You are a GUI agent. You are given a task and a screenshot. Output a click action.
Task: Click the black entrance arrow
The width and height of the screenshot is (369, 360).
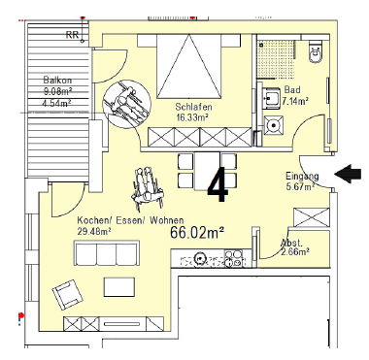(x=348, y=174)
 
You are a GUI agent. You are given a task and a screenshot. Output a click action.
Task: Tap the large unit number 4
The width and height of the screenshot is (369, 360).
(x=218, y=184)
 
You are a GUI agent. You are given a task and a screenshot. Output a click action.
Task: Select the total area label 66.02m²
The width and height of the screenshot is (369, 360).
(x=197, y=232)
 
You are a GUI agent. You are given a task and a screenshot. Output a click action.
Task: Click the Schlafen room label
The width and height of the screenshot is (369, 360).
(x=193, y=107)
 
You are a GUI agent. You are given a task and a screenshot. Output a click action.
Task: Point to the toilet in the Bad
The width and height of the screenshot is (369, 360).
(x=316, y=50)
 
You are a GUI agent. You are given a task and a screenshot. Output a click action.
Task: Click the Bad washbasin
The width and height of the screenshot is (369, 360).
(x=270, y=96)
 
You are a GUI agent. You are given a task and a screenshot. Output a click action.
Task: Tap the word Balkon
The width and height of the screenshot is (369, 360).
(x=57, y=80)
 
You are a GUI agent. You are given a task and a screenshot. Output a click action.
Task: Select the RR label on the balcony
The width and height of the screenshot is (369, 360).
(x=72, y=35)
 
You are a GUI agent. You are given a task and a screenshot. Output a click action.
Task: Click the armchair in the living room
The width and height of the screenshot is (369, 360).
(x=67, y=295)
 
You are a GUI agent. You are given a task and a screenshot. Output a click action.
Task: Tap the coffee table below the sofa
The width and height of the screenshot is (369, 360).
(x=119, y=287)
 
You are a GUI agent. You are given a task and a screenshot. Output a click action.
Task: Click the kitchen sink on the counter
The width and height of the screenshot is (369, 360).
(x=199, y=258)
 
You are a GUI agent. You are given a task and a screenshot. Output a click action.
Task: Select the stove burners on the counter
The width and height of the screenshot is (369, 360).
(x=235, y=258)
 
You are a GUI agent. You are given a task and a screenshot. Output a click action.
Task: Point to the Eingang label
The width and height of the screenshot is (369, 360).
(x=302, y=177)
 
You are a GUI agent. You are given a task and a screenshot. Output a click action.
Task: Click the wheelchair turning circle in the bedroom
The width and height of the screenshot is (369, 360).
(x=126, y=102)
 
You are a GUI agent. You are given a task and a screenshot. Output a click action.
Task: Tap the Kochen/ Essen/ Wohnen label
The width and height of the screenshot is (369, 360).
(x=130, y=220)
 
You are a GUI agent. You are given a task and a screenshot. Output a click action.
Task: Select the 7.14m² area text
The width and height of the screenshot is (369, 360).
(x=295, y=101)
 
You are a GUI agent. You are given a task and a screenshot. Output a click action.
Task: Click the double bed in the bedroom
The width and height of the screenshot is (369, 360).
(x=189, y=66)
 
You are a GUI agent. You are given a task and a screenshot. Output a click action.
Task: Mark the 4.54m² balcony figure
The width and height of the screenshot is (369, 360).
(x=57, y=103)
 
